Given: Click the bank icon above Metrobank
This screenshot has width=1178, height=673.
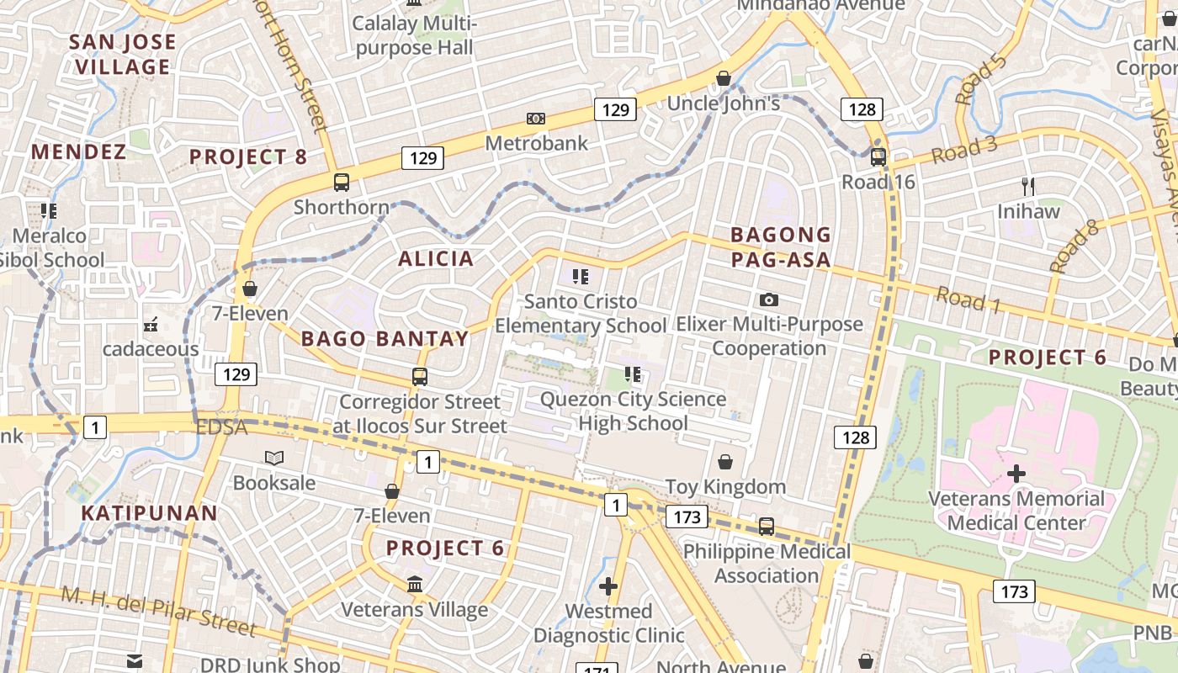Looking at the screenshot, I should tap(535, 119).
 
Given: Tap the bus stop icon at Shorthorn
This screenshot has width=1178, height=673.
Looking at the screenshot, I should tap(342, 182).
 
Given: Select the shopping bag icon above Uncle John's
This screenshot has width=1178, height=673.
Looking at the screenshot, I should tap(723, 79).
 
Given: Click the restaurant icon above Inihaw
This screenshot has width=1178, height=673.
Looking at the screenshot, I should tap(1027, 186).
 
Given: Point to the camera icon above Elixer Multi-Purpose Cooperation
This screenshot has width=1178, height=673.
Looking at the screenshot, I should tap(767, 299).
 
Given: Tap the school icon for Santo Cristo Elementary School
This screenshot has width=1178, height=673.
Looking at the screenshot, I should tap(580, 276).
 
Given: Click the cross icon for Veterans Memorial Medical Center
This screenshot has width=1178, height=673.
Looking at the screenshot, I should tap(1016, 474).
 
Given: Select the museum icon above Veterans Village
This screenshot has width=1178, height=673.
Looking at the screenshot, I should tap(415, 584).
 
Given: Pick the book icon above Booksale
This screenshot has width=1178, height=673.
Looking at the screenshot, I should tap(274, 458).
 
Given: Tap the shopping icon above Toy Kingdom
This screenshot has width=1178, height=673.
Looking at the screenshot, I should tap(724, 462).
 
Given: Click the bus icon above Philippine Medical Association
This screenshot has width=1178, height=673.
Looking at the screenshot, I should tap(766, 527).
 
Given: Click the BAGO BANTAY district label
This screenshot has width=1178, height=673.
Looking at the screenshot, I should tap(385, 339).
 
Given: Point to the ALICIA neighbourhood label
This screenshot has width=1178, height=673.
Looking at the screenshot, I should tap(436, 258).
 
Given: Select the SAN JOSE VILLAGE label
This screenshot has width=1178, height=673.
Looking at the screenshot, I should tap(123, 54).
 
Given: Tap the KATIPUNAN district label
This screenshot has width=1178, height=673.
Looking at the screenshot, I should tap(150, 512).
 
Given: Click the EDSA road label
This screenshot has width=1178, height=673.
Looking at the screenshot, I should tap(222, 427).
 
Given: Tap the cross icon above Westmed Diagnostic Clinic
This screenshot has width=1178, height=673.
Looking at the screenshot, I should tap(608, 586).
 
